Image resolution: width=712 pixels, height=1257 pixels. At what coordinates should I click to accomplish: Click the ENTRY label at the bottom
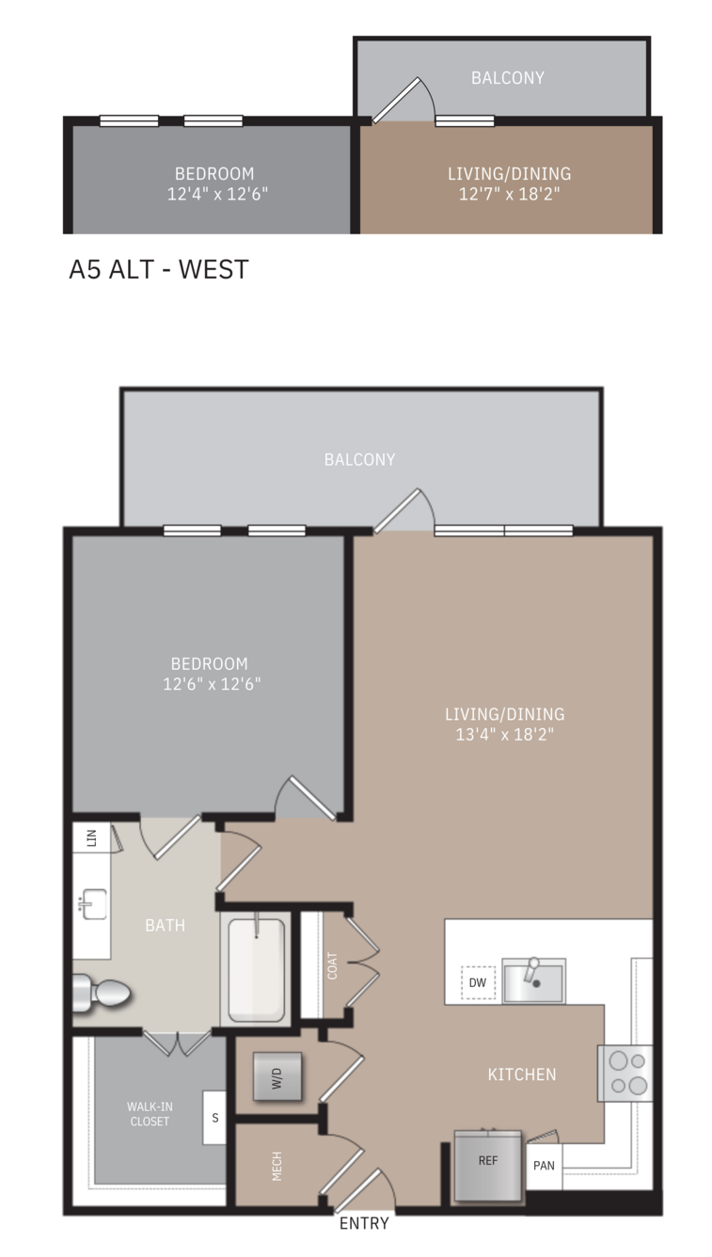pos(364,1223)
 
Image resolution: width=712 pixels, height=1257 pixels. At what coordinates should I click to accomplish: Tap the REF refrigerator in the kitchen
pos(487,1166)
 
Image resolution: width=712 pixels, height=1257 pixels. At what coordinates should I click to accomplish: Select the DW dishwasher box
pos(478,982)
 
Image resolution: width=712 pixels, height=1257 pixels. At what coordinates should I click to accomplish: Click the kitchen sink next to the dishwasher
pos(533,979)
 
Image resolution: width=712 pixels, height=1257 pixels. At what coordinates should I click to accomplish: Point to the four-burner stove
pos(625,1073)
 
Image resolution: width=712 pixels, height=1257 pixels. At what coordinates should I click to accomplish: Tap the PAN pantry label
pos(544,1166)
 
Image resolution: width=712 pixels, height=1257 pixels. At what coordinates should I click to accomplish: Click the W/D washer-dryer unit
pos(277,1076)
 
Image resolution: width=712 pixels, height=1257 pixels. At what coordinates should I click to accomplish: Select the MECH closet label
pos(277,1166)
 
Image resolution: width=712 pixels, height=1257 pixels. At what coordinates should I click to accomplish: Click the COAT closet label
pos(332,965)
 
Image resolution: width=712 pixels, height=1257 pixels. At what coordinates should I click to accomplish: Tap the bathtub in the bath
pos(256,969)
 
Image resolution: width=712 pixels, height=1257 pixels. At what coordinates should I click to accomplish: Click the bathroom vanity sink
pos(93,904)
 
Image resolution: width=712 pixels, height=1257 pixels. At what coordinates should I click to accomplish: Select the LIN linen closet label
pos(91,837)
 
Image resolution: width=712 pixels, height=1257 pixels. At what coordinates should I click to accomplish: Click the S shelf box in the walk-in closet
pos(214,1118)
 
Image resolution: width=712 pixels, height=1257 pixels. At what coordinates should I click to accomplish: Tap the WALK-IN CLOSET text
pos(150,1114)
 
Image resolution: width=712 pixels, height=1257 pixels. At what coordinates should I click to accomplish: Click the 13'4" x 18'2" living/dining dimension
pos(504,734)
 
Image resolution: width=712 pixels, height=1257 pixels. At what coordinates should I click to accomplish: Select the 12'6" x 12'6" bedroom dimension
pos(212,684)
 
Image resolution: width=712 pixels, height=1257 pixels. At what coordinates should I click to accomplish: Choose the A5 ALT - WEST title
pos(159,269)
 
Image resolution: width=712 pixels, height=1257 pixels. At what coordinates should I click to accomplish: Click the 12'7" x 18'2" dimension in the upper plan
pos(509,194)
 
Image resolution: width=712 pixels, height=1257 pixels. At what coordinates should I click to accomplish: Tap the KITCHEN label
pos(522,1074)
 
